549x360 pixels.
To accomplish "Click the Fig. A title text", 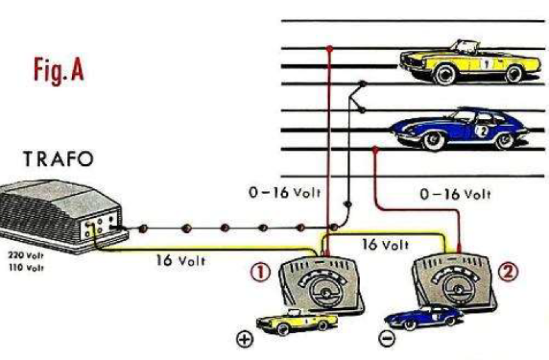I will point(58,70).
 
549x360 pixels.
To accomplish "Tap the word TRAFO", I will point(59,160).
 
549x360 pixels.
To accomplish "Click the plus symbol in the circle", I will point(245,340).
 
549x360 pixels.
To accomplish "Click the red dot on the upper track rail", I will point(329,48).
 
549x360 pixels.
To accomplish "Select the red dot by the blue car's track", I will point(376,149).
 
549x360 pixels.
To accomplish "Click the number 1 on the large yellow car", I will point(486,63).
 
